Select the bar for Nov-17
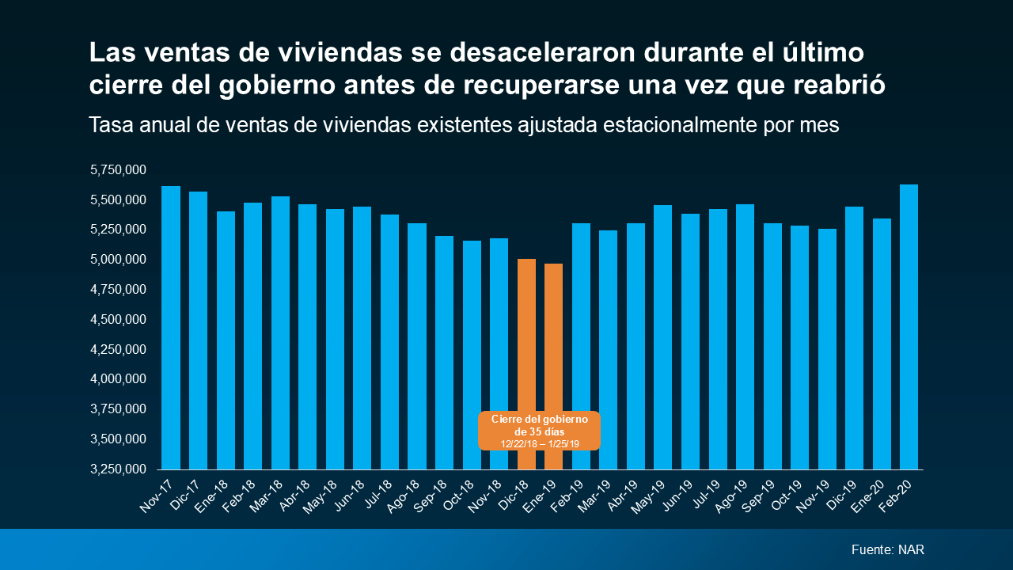[171, 328]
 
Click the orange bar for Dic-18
[526, 332]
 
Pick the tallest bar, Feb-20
[909, 326]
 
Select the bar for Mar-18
[280, 332]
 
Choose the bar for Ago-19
[745, 336]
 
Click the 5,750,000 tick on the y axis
[120, 169]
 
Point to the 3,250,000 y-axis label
[120, 469]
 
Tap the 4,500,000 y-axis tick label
[120, 320]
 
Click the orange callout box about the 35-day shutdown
[540, 430]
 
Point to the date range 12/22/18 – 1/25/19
[540, 444]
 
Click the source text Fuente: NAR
[887, 549]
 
